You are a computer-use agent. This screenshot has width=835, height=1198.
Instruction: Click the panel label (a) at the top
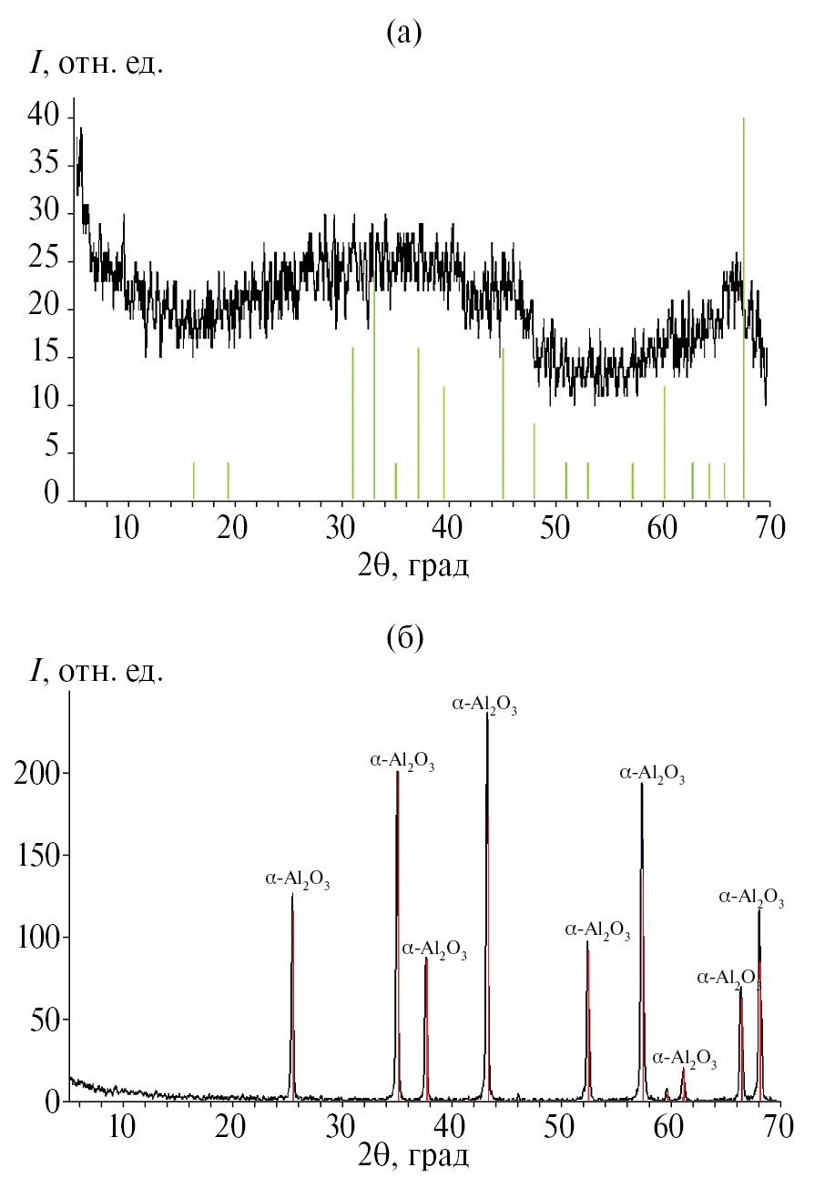click(403, 34)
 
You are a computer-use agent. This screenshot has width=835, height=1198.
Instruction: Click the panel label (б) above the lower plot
click(403, 638)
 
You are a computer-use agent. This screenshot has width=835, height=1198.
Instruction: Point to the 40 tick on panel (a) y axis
click(43, 117)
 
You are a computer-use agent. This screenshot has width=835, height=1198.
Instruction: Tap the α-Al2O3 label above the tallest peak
click(484, 706)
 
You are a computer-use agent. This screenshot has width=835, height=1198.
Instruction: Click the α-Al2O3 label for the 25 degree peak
click(298, 879)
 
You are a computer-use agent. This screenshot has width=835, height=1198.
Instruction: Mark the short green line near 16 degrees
click(194, 481)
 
